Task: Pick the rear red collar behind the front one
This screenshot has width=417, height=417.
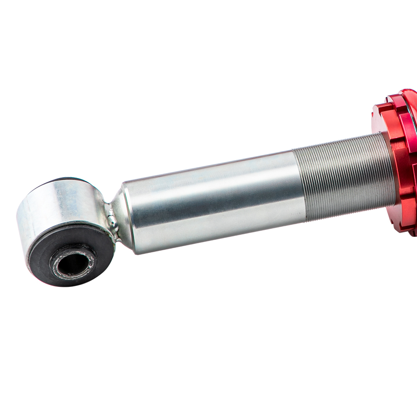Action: click(411, 125)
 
